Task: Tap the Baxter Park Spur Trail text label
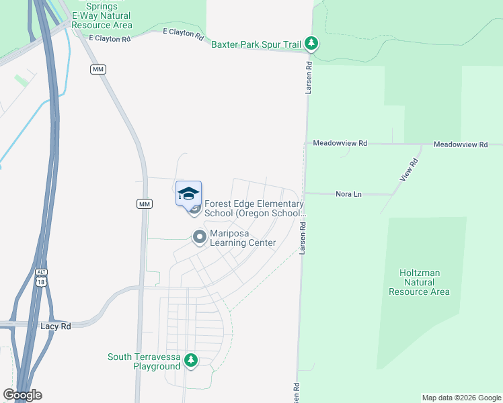coord(256,45)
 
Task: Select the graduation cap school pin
coord(189,194)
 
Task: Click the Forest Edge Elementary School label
coord(254,209)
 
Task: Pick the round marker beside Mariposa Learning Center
coord(199,237)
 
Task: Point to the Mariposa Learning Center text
coord(243,238)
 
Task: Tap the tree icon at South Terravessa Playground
coord(191,361)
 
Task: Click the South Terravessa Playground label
coord(144,361)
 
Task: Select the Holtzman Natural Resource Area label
coord(424,282)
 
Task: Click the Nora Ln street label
coord(348,194)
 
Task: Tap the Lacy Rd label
coord(56,325)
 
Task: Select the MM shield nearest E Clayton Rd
coord(98,69)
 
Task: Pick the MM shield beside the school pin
coord(144,204)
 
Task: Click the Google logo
coord(22,395)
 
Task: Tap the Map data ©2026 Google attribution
coord(461,398)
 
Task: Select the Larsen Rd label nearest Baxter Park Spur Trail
coord(309,78)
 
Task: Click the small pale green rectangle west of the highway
coord(22,81)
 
